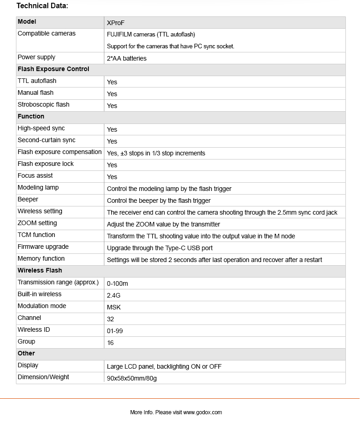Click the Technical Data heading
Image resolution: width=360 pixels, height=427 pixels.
pos(42,6)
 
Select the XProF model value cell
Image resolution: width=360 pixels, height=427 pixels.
pos(116,23)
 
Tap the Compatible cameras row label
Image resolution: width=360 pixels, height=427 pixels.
pos(46,34)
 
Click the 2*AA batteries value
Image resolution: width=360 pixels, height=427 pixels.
pos(127,58)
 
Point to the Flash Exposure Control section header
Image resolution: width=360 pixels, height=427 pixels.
pos(53,69)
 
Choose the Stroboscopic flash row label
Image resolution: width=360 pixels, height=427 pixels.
pos(43,105)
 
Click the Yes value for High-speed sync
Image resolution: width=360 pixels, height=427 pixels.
pos(112,129)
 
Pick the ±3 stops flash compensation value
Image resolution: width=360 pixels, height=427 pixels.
pos(156,153)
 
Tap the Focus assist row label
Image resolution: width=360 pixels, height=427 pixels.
pos(35,176)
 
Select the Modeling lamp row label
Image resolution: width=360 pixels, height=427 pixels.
pos(38,188)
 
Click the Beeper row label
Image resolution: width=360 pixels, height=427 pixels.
pos(28,200)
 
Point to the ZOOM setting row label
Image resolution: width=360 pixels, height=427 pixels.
pos(37,223)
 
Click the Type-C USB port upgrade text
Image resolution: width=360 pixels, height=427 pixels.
pos(159,248)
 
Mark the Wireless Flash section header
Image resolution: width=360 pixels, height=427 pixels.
pos(40,271)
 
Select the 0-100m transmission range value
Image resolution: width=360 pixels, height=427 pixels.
pos(117,283)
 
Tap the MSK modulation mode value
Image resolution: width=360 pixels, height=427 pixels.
pos(114,307)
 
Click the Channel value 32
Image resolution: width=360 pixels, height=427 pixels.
pos(110,319)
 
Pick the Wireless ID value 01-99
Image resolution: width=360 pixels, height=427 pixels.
pos(115,331)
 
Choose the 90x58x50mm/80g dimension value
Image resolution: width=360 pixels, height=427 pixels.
pos(132,378)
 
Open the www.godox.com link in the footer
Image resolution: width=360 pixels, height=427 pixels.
pos(202,412)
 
